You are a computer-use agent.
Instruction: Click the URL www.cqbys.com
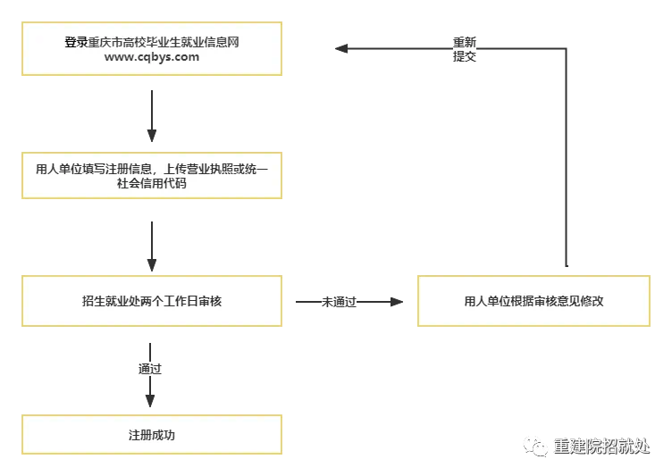tap(151, 57)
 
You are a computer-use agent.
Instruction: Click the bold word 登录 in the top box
tap(77, 42)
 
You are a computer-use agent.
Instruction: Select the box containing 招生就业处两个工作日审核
tap(151, 302)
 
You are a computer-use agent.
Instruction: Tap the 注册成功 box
tap(151, 436)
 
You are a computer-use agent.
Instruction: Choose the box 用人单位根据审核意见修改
tap(533, 302)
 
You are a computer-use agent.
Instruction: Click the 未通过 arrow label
tap(339, 302)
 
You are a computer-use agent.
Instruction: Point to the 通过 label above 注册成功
tap(150, 368)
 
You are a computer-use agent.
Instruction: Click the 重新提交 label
tap(465, 49)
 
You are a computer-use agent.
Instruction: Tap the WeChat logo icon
tap(536, 445)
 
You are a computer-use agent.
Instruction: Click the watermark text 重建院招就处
tap(601, 446)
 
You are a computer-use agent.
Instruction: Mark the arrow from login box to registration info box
tap(151, 116)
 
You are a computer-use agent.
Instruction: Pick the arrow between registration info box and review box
tap(151, 246)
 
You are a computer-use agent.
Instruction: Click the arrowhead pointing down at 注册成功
tap(150, 400)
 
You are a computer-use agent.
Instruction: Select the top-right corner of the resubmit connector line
tap(567, 49)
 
